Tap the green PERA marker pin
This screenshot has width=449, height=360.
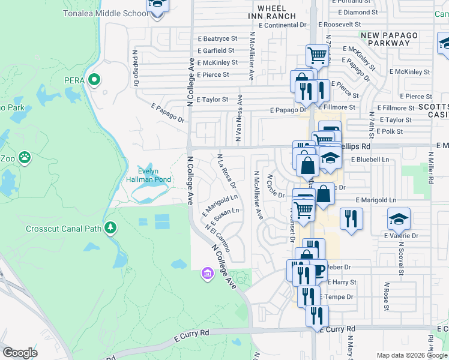(x=94, y=79)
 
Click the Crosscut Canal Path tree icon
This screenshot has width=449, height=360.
(x=110, y=227)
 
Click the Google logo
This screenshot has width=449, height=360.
(x=20, y=353)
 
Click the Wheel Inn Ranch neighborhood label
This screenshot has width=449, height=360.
(x=276, y=11)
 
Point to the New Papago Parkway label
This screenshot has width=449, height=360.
(x=390, y=40)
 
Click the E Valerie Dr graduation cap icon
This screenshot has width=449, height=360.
(x=399, y=220)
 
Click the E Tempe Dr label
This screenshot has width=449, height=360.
(x=337, y=297)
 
